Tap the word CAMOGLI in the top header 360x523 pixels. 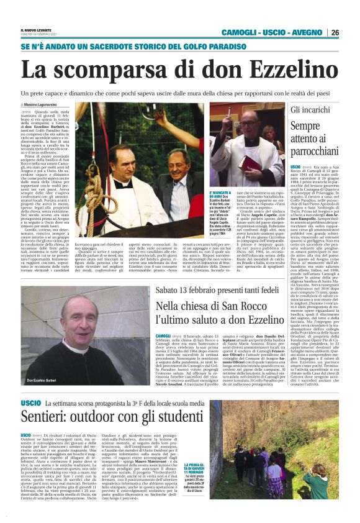[x=239, y=32]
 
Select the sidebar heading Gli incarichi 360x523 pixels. [x=310, y=110]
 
